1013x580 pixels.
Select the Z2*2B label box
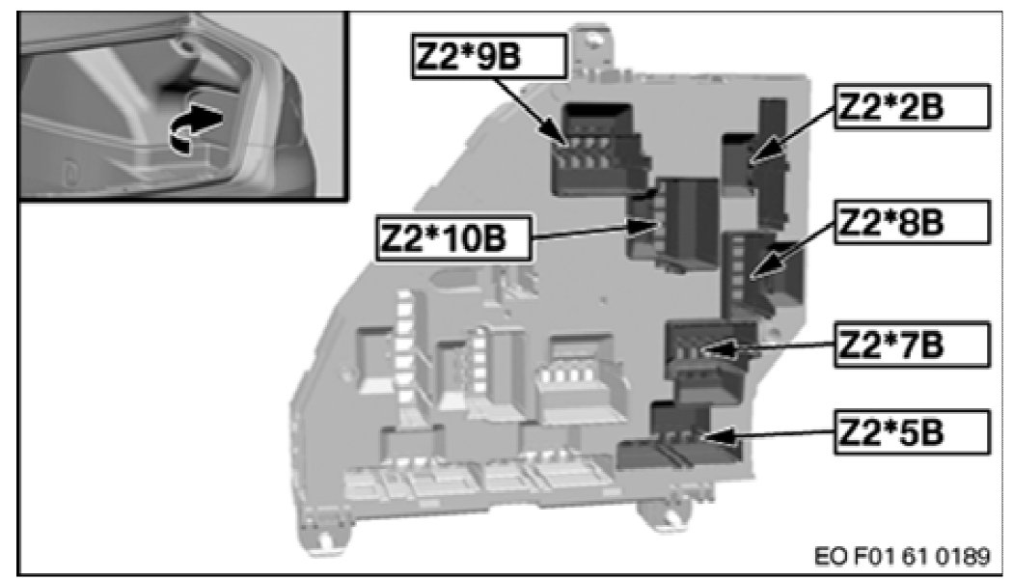tap(912, 108)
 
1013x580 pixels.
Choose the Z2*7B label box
tap(912, 344)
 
